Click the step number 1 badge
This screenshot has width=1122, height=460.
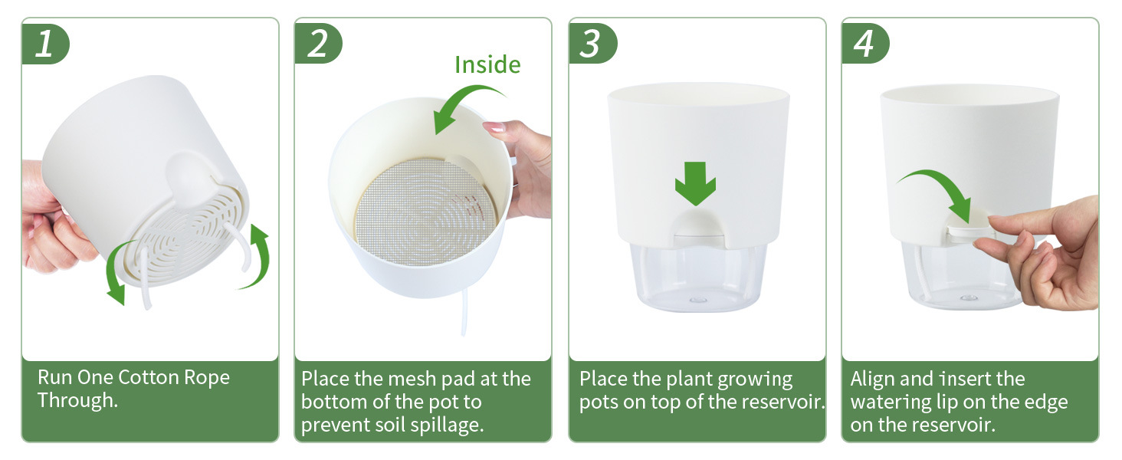(x=45, y=44)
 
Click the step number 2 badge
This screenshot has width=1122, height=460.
(x=318, y=44)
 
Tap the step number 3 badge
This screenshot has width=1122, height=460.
(x=592, y=44)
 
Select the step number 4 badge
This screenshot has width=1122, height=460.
(x=865, y=44)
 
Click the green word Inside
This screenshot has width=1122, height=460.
(x=487, y=65)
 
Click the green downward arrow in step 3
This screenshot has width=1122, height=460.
(x=695, y=183)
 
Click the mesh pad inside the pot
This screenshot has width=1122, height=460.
(x=425, y=212)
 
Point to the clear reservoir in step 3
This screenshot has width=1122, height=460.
(x=698, y=275)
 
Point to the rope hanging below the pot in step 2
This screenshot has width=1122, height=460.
(x=464, y=312)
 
